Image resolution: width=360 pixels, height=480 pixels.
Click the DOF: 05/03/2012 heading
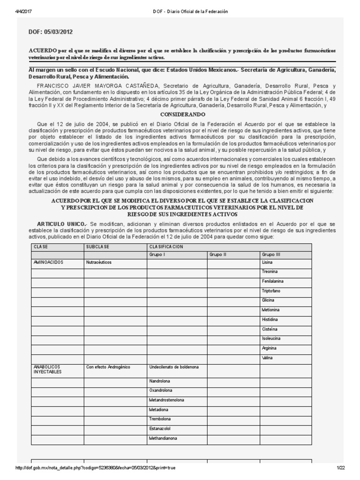click(x=51, y=32)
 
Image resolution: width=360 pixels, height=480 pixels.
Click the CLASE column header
click(x=41, y=246)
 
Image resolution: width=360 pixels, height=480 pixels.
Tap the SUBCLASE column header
click(x=98, y=246)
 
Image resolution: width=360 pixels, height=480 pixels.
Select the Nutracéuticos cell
click(x=99, y=262)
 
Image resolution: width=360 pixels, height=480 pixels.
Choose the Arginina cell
click(x=270, y=348)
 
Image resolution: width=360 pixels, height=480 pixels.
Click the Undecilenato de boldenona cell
click(x=174, y=367)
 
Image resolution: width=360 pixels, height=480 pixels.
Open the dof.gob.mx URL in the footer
click(x=96, y=468)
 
